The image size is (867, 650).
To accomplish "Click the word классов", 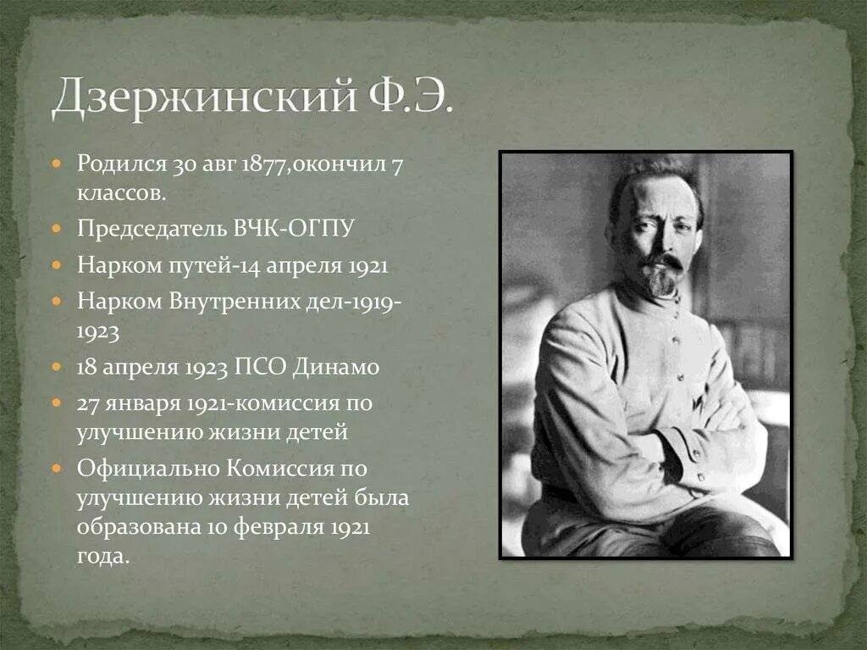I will click(x=120, y=193).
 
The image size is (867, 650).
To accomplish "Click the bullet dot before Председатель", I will click(x=57, y=230).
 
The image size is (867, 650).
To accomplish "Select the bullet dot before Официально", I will click(x=57, y=469).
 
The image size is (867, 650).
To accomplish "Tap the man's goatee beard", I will click(x=660, y=280).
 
